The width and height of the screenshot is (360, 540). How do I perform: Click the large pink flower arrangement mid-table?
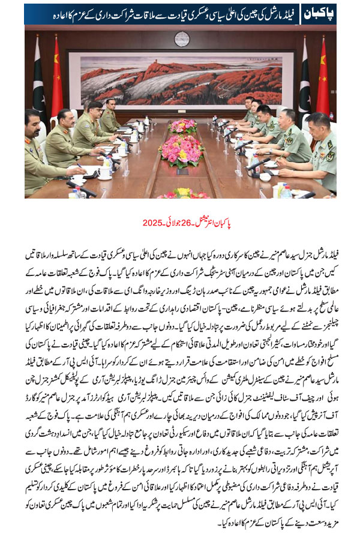(181, 151)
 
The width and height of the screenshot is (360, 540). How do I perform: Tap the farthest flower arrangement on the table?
(181, 125)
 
